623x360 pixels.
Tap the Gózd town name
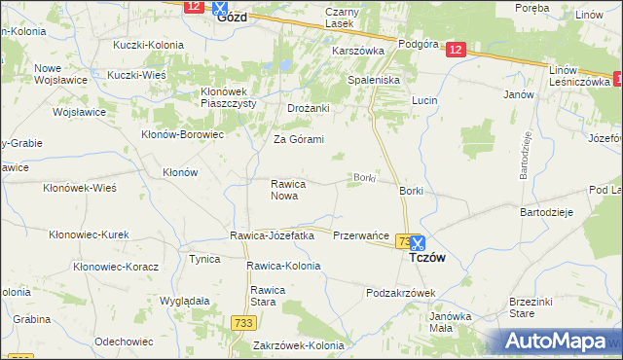click(233, 18)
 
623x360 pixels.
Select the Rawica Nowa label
click(289, 190)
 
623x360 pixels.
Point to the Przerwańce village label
click(361, 236)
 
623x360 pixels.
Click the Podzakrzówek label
click(400, 293)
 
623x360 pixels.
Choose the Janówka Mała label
click(450, 321)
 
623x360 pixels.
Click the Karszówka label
click(359, 50)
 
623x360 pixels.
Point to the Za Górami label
click(298, 139)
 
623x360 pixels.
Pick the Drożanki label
click(309, 108)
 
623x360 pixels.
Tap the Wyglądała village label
click(185, 302)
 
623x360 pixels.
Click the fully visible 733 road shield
click(243, 322)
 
